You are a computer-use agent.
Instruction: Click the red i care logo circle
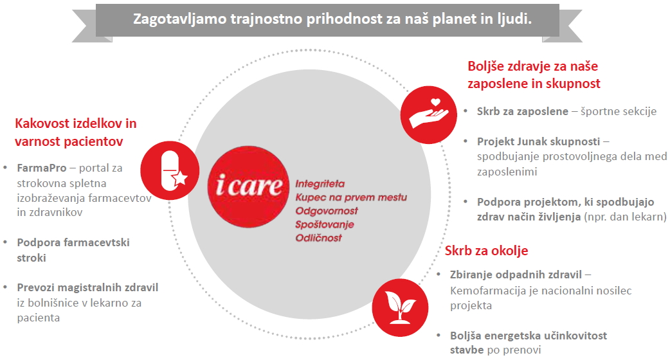click(x=248, y=186)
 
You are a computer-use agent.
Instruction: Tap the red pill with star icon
click(x=170, y=170)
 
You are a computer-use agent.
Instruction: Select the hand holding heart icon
click(x=429, y=114)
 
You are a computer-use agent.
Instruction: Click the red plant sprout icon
click(x=400, y=307)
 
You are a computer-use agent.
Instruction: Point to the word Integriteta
click(x=320, y=184)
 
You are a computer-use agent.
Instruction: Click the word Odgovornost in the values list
click(x=327, y=211)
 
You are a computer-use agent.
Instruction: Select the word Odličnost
click(x=319, y=238)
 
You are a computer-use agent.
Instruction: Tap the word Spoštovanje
click(x=325, y=224)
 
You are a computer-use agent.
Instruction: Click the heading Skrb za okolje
click(x=486, y=250)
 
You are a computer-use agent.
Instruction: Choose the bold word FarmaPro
click(x=42, y=168)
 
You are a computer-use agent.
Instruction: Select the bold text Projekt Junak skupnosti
click(x=539, y=141)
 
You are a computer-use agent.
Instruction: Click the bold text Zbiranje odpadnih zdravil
click(x=516, y=274)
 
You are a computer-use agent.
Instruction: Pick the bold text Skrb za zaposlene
click(x=523, y=111)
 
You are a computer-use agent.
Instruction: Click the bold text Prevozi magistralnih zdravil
click(x=87, y=287)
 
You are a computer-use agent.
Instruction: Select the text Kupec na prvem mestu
click(x=351, y=197)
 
